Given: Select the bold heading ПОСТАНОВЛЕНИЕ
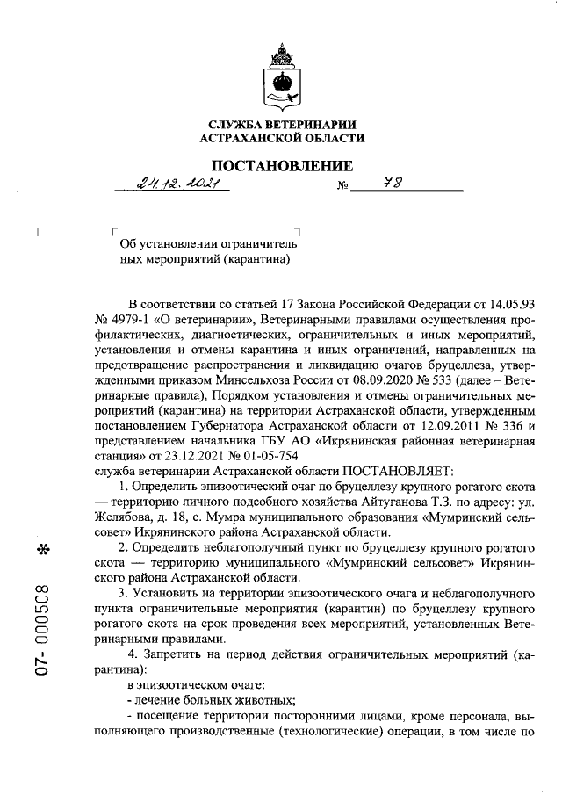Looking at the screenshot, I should click(280, 166).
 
